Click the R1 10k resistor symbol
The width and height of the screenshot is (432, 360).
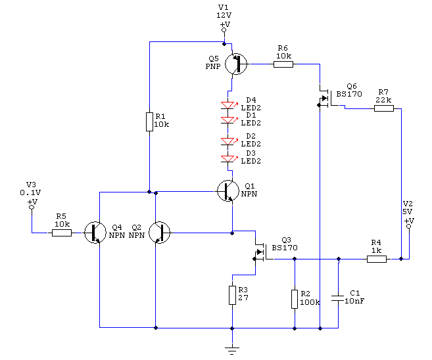click(149, 122)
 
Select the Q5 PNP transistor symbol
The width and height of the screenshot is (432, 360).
click(236, 64)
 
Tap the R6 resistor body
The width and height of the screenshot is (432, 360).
click(283, 64)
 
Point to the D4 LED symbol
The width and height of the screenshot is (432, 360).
click(228, 105)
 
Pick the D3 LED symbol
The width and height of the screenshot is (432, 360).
click(228, 159)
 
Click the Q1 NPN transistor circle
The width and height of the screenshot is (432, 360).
click(228, 191)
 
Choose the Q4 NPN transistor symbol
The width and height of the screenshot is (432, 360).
click(95, 233)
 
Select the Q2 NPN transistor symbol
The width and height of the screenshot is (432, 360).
click(160, 233)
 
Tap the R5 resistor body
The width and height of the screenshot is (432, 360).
click(62, 233)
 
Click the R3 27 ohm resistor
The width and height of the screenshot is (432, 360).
click(232, 295)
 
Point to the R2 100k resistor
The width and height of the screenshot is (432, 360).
click(295, 299)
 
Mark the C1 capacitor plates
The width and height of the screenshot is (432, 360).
click(338, 299)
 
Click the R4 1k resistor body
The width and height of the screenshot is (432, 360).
click(377, 259)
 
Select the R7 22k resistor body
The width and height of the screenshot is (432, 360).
click(384, 108)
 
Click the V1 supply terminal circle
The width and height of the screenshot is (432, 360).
click(224, 30)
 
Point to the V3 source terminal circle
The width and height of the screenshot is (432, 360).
click(32, 207)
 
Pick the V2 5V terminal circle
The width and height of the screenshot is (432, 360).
click(409, 226)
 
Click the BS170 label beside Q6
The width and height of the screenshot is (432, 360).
click(349, 94)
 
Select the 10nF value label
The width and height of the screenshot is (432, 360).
click(354, 301)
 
